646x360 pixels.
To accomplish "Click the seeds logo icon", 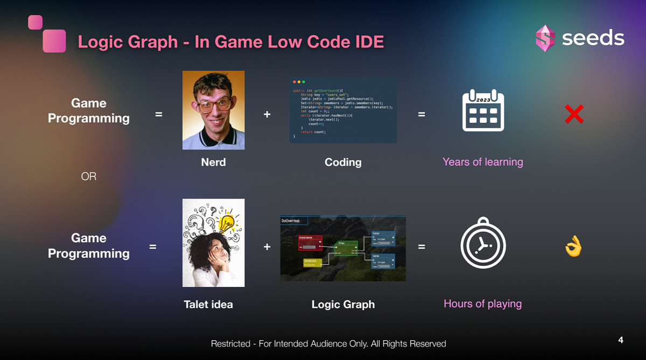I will point(545,38).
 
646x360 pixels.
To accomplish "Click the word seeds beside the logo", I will point(593,38).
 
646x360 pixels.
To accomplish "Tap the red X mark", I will point(574,114).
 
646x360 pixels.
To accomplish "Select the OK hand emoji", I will point(573,247).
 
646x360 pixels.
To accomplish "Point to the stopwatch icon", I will point(482,245).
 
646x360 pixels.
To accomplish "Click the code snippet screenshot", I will point(343,110).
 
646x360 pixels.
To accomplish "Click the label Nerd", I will point(213,162).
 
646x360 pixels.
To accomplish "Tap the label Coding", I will point(343,162).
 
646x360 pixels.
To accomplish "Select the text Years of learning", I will point(482,161).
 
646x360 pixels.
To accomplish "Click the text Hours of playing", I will point(482,303).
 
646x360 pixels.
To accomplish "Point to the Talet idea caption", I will point(208,305).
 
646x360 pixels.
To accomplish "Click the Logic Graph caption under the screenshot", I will point(343,305).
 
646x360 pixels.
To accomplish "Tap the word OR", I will point(89,176).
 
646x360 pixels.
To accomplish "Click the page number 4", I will point(621,340).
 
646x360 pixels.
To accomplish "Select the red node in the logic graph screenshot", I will point(310,243).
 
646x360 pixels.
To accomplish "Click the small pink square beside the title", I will point(35,22).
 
